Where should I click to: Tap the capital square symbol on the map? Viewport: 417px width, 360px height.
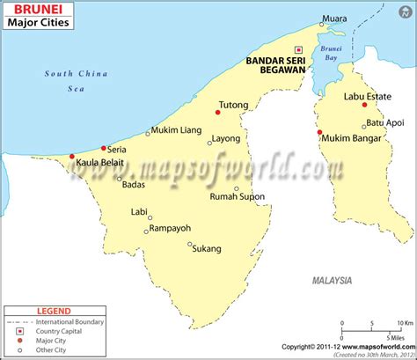[x=298, y=49]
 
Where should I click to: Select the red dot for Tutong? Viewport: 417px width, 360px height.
[x=216, y=112]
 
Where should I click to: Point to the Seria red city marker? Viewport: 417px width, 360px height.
[x=104, y=148]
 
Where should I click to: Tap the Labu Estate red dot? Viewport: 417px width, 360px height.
[x=364, y=105]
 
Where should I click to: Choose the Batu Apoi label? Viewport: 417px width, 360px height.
[x=384, y=122]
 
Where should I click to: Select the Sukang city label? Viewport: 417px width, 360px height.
[x=207, y=249]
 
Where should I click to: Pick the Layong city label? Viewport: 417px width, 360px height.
[x=226, y=138]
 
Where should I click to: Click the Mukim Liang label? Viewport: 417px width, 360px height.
[x=178, y=130]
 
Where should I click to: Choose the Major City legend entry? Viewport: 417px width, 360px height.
[x=51, y=341]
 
